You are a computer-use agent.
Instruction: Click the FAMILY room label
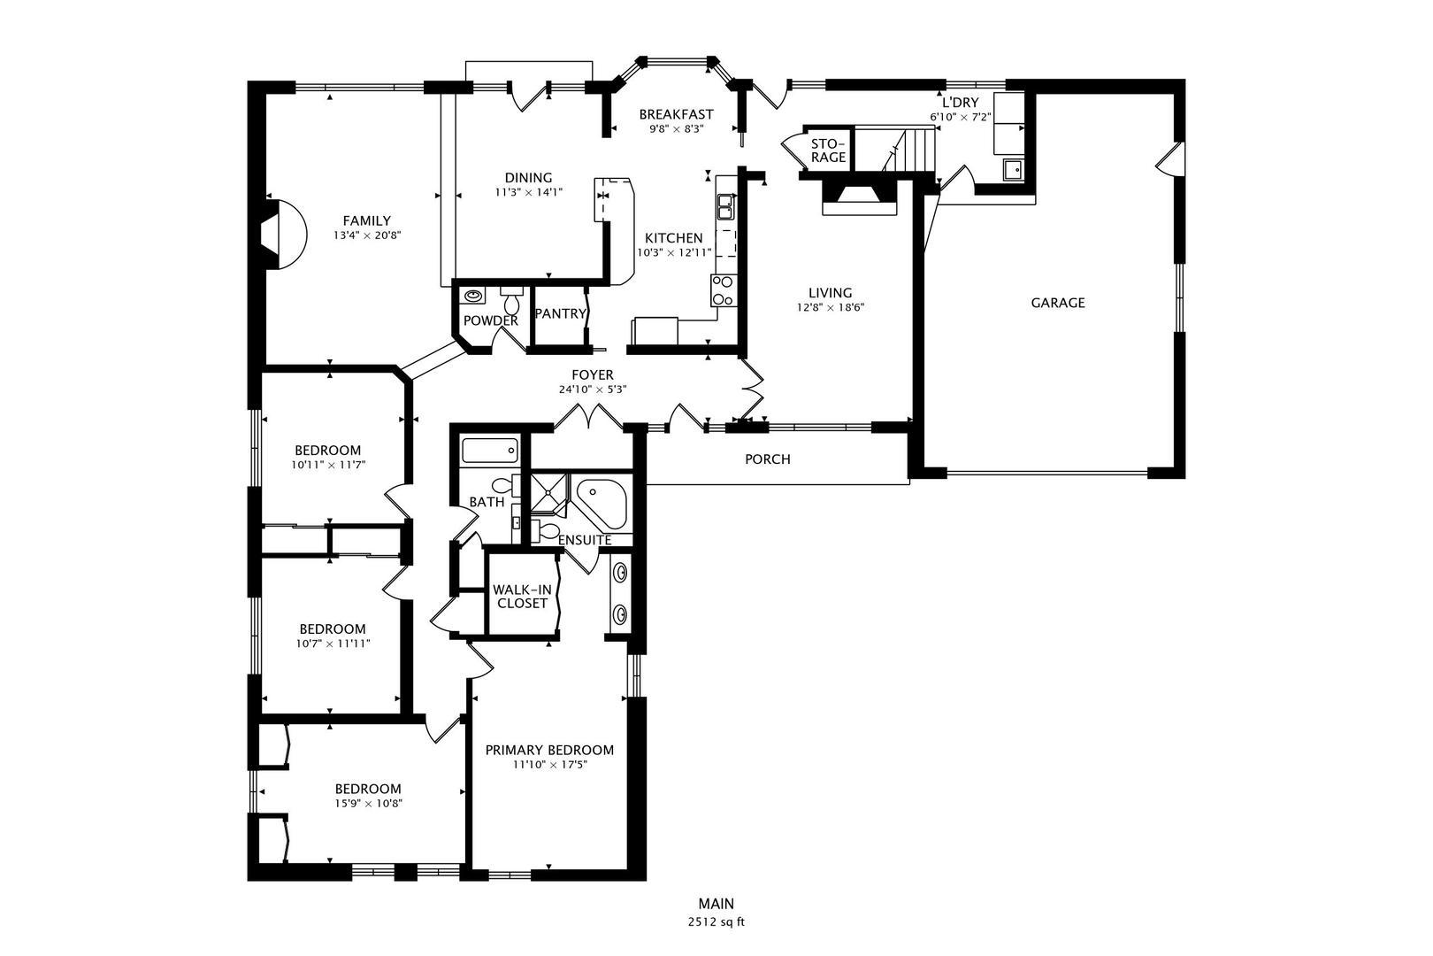click(x=366, y=221)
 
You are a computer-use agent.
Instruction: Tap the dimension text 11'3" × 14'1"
click(x=528, y=191)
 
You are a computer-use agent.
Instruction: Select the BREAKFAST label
click(x=676, y=114)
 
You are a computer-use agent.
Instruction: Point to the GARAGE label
click(x=1057, y=303)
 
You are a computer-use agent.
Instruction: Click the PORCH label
click(x=768, y=459)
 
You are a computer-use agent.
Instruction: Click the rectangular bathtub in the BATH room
click(x=489, y=451)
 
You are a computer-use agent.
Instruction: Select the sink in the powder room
click(x=473, y=295)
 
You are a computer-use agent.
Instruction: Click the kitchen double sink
click(x=726, y=207)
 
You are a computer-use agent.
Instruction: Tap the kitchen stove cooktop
click(x=724, y=290)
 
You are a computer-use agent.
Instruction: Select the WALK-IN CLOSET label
click(x=523, y=597)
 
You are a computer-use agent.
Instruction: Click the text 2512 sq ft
click(x=716, y=922)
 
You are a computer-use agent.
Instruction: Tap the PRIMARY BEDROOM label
click(x=549, y=750)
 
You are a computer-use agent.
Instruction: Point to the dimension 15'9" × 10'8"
click(x=368, y=804)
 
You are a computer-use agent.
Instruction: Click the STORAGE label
click(x=829, y=150)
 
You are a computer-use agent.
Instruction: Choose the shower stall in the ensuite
click(x=549, y=496)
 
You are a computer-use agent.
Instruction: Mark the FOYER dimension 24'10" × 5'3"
click(x=593, y=389)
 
